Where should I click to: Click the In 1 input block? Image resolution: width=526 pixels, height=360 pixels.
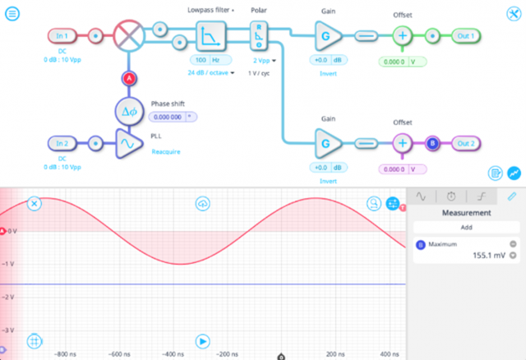(x=62, y=36)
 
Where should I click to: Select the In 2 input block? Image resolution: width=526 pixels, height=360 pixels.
(x=62, y=143)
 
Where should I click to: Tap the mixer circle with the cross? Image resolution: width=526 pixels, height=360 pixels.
(x=128, y=36)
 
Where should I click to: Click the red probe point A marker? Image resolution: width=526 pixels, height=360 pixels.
(x=128, y=78)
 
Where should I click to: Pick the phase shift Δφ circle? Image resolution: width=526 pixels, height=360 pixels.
(x=128, y=111)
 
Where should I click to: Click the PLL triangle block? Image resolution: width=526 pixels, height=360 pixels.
(x=128, y=143)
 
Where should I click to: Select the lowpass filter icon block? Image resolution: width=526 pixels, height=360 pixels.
(x=205, y=36)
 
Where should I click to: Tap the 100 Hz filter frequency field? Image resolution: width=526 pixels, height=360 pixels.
(x=206, y=61)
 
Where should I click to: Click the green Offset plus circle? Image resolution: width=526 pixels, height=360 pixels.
(x=403, y=36)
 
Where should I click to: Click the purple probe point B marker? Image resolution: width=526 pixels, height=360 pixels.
(x=433, y=143)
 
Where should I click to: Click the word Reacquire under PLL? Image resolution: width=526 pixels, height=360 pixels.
(x=167, y=151)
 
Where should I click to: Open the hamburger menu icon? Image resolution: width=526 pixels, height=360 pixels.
(x=13, y=13)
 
